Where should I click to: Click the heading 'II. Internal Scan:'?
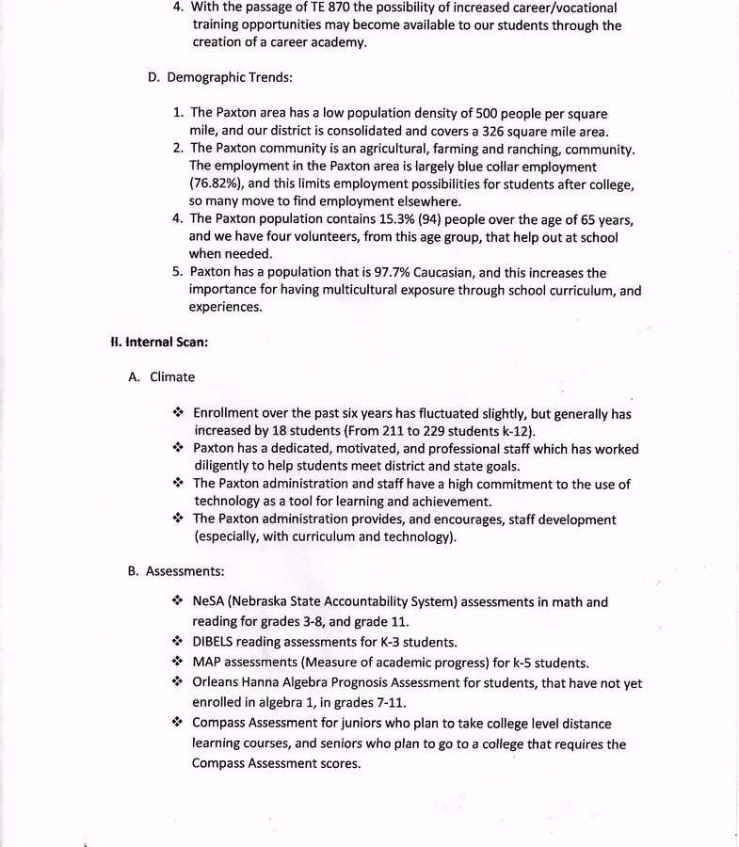(159, 342)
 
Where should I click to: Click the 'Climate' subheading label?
(172, 376)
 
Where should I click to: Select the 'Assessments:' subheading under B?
(185, 570)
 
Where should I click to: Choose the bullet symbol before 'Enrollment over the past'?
(178, 412)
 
